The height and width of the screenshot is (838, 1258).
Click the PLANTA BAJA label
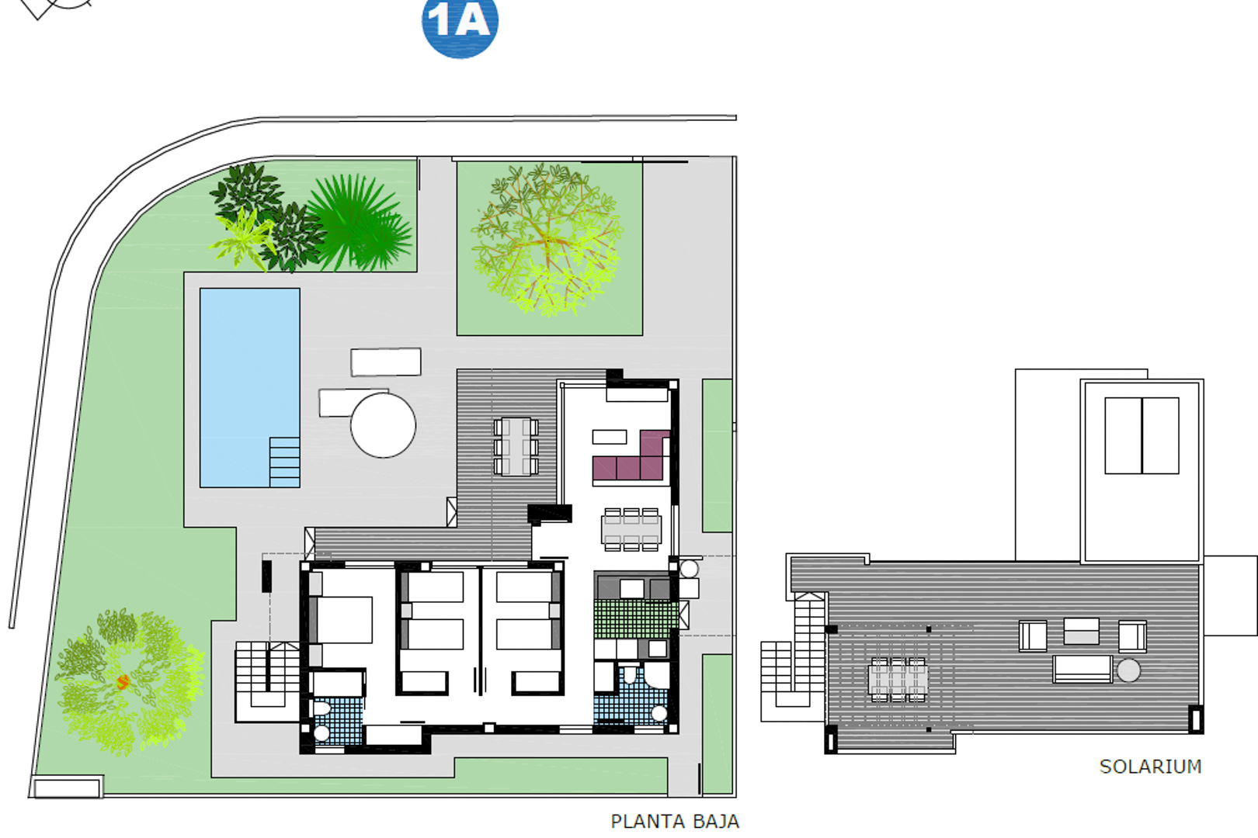coord(674,821)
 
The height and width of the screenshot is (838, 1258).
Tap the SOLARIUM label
coord(1150,767)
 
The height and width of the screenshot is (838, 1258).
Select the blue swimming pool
coord(248,372)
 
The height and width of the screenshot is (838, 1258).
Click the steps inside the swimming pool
coord(284,462)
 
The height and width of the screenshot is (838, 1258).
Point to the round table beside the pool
coord(383,425)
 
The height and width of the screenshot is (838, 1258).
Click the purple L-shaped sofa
coord(631,462)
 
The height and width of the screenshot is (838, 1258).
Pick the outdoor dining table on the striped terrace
coord(516,445)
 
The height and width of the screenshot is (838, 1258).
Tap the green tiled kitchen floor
coord(635,618)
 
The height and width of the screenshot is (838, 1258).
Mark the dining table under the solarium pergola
coord(897,679)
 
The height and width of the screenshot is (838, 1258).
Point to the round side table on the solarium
coord(1128,670)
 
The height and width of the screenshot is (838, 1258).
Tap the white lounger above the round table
coord(385,362)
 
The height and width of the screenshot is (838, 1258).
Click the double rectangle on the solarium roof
coord(1142,435)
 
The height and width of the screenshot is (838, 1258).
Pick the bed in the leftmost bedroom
coord(342,619)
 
